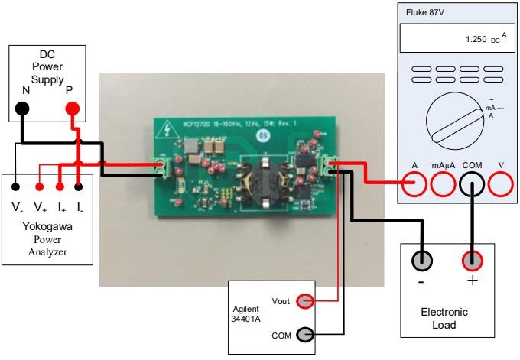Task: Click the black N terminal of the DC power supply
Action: [22, 109]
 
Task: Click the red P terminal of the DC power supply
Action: [72, 109]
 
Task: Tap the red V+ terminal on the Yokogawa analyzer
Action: [39, 185]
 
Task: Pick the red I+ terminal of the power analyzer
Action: [60, 185]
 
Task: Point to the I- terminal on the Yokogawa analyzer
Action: [79, 185]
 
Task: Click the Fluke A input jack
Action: [414, 183]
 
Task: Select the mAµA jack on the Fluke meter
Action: [443, 183]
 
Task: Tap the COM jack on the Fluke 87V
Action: [472, 183]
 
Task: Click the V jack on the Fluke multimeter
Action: [500, 183]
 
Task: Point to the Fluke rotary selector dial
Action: [454, 118]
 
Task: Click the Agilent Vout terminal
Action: [304, 301]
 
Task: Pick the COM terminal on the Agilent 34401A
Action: [304, 334]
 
